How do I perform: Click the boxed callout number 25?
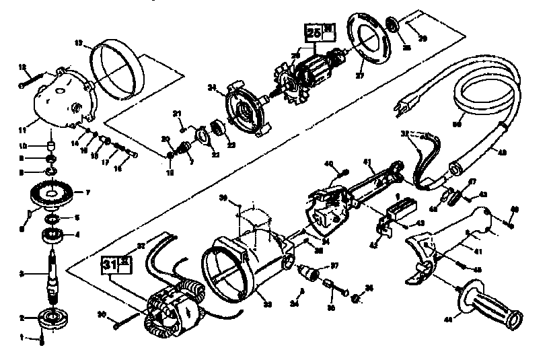[x=313, y=32]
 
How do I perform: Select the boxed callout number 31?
[x=110, y=264]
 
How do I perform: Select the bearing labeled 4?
[x=52, y=236]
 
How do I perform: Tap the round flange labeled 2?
[x=51, y=316]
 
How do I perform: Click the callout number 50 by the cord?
[x=458, y=123]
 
